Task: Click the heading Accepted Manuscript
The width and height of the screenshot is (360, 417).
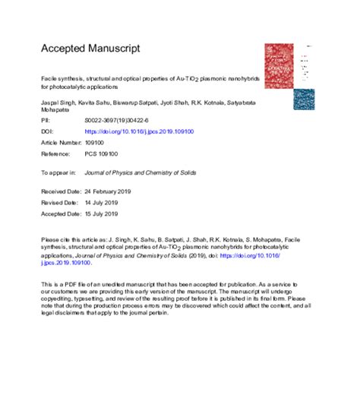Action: pyautogui.click(x=90, y=49)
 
